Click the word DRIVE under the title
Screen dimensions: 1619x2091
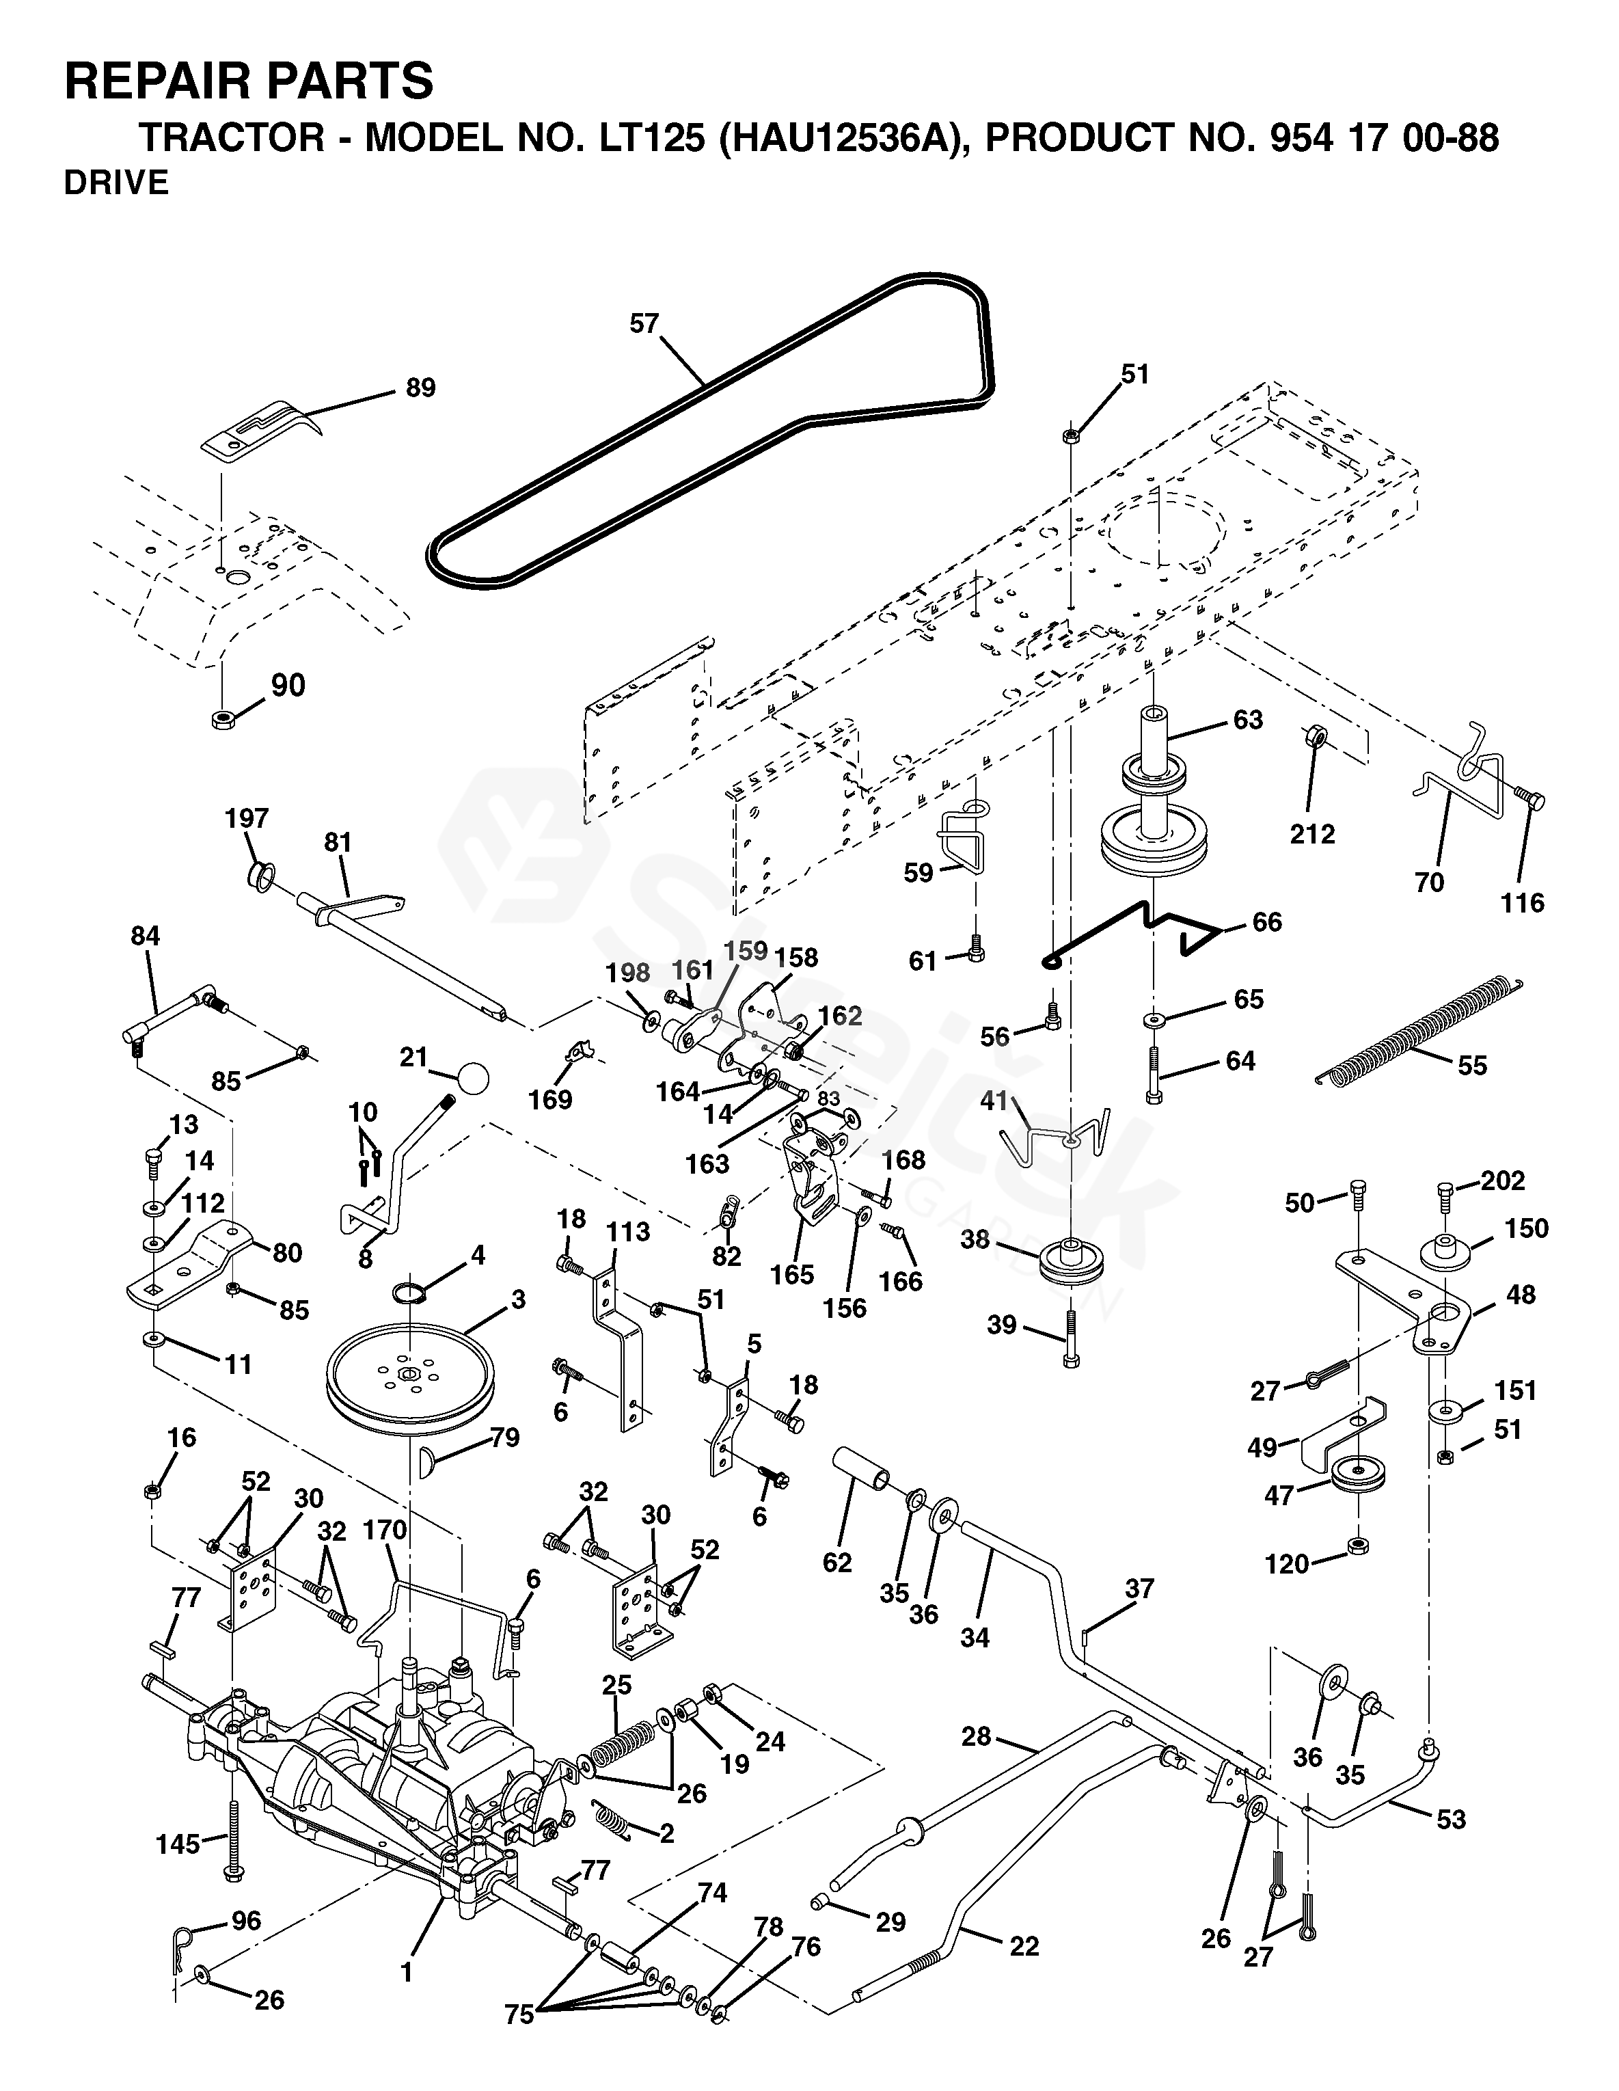tap(116, 183)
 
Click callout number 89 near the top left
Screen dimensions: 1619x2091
tap(420, 388)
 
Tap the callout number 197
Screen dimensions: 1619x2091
tap(247, 819)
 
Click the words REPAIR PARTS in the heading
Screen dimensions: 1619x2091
tap(249, 81)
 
